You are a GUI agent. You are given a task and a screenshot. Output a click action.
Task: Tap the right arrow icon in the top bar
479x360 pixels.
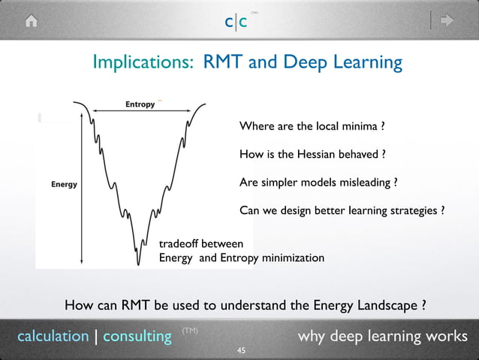point(446,21)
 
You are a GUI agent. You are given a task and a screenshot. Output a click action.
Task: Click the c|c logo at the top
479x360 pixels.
point(236,22)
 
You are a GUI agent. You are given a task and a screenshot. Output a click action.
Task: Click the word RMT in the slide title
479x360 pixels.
point(223,62)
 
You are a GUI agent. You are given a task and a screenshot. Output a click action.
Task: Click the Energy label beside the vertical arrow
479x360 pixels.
point(64,184)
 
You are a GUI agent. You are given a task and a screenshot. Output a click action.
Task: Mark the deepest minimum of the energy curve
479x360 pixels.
point(138,263)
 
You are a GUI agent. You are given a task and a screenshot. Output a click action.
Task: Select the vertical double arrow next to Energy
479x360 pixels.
point(80,184)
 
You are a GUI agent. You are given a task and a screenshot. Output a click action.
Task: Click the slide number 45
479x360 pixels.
point(241,350)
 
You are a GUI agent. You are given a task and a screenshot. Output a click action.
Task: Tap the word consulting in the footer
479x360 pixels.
point(137,336)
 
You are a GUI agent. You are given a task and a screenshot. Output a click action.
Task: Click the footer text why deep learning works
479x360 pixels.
point(383,336)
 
